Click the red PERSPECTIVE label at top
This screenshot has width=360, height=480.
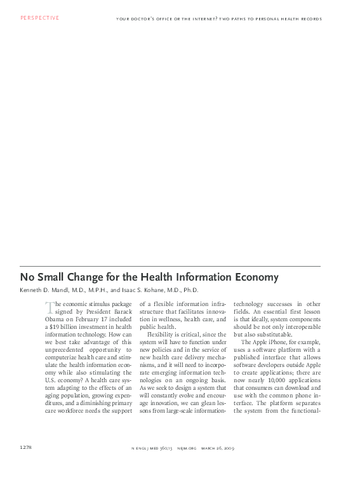(39, 18)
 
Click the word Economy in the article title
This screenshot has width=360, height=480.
(253, 277)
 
